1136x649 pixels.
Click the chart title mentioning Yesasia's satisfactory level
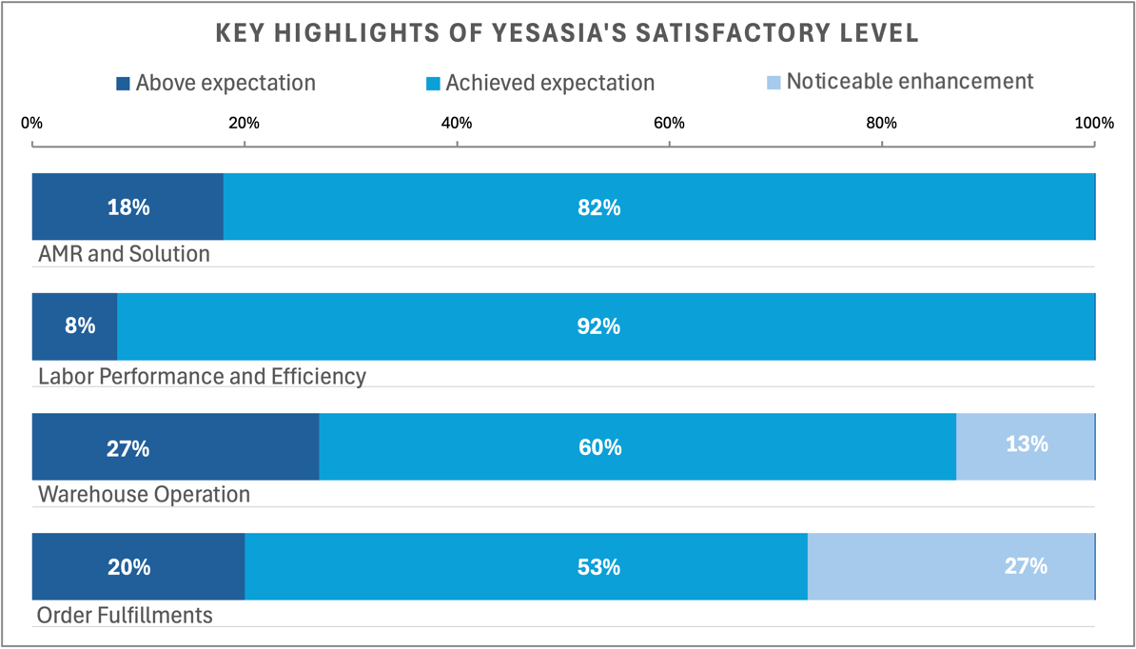click(x=567, y=34)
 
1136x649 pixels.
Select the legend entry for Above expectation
click(x=216, y=83)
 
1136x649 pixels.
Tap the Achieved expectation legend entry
click(x=540, y=83)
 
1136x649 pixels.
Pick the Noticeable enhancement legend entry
click(x=899, y=82)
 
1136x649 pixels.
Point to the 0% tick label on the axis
click(x=32, y=123)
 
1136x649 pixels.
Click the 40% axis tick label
click(x=457, y=123)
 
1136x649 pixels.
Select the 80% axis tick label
click(x=881, y=123)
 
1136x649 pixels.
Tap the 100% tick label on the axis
click(x=1093, y=123)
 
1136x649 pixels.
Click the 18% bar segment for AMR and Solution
click(x=127, y=206)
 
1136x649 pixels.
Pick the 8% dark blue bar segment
click(x=74, y=326)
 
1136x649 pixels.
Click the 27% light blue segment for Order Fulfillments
click(x=951, y=566)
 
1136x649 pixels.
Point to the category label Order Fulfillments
click(x=125, y=615)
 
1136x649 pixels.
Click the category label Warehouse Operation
click(x=144, y=495)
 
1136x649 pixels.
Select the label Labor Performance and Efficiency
click(x=202, y=376)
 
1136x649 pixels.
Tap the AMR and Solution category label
click(x=124, y=255)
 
